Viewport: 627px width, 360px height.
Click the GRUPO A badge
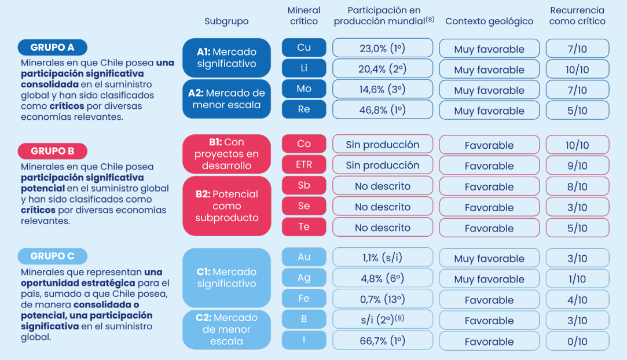click(x=52, y=47)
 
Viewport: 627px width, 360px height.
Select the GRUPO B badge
click(x=52, y=151)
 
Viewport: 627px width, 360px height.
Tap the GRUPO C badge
click(x=52, y=256)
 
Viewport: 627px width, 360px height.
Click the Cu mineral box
click(x=304, y=48)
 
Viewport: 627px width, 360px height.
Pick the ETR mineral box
click(x=304, y=165)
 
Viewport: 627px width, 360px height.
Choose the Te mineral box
click(x=304, y=227)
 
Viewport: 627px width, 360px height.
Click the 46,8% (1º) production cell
click(x=383, y=110)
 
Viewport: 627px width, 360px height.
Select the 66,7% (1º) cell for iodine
click(x=383, y=340)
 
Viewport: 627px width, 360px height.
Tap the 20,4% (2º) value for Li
click(x=383, y=69)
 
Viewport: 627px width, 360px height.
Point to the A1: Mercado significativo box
click(x=226, y=58)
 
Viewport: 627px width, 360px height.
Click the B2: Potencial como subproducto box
click(x=226, y=206)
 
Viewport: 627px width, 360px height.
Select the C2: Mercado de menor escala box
click(x=226, y=329)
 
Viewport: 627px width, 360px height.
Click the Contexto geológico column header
click(x=489, y=21)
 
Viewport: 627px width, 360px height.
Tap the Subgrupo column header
click(x=226, y=21)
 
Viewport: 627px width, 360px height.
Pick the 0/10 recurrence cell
click(x=577, y=341)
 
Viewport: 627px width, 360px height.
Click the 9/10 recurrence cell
click(x=577, y=166)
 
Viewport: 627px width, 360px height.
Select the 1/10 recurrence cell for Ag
click(x=577, y=280)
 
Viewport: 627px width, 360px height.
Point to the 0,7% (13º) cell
click(x=383, y=300)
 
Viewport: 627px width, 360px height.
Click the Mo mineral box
click(x=304, y=89)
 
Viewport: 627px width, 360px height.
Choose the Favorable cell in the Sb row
click(x=489, y=187)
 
